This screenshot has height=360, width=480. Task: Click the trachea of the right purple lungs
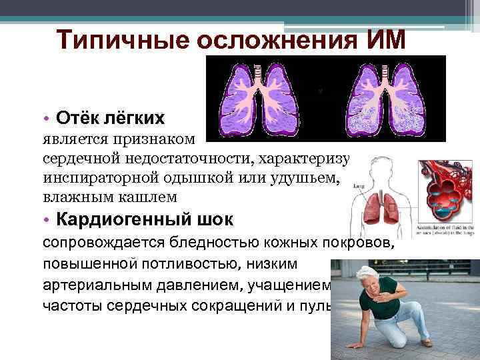coord(385,73)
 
